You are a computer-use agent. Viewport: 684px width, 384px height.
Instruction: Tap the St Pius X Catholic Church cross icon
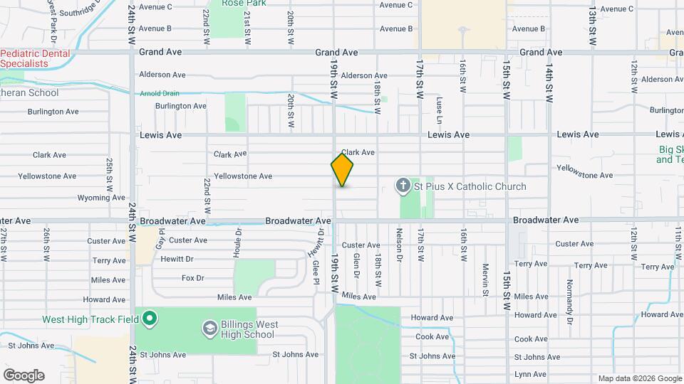pos(403,187)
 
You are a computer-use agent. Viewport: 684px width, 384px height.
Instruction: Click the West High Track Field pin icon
pos(149,319)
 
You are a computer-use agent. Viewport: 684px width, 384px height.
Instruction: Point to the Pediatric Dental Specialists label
pos(35,58)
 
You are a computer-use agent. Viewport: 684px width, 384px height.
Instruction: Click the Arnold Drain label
pos(160,92)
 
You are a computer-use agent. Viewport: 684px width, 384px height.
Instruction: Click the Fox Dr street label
pos(193,278)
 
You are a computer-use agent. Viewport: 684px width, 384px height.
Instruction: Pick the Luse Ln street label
pos(440,105)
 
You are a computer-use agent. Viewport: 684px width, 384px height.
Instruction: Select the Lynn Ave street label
pos(530,374)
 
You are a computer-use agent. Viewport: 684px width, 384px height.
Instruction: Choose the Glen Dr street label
pos(356,264)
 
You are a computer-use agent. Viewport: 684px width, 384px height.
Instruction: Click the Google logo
pos(24,375)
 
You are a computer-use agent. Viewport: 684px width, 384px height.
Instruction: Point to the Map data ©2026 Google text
pos(639,378)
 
